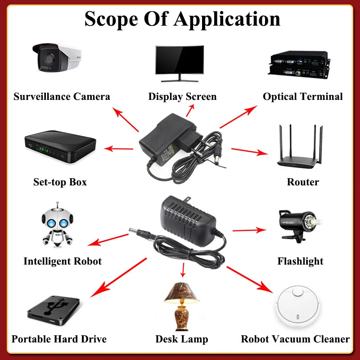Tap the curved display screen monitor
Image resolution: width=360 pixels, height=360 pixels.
[x=180, y=63]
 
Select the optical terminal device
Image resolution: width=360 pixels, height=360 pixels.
[x=299, y=65]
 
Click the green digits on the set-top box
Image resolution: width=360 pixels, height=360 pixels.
[x=44, y=150]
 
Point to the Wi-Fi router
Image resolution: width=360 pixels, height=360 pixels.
[x=300, y=147]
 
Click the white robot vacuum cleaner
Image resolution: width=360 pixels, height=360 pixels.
[x=297, y=306]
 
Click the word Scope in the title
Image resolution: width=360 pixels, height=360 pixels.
[x=111, y=19]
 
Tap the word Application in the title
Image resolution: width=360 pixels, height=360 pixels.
[x=227, y=19]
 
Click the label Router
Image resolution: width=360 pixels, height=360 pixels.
[x=303, y=182]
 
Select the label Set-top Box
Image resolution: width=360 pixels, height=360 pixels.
[x=60, y=182]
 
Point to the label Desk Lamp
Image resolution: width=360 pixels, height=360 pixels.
[x=182, y=339]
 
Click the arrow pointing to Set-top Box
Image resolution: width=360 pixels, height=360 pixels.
[x=118, y=149]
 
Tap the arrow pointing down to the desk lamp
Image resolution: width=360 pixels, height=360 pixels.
[x=183, y=270]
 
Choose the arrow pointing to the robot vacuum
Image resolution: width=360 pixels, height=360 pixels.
[x=250, y=279]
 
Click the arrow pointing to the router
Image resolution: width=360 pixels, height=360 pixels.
[x=250, y=151]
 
